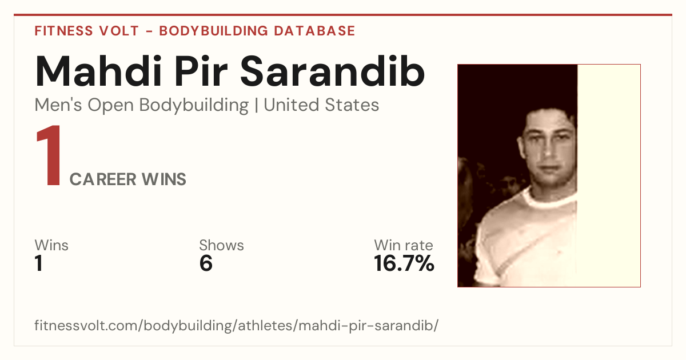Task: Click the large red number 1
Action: pos(49,155)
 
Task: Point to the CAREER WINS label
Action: pos(127,179)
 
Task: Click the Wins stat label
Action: pos(51,245)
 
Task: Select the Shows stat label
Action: pos(221,245)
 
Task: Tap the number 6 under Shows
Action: pos(206,263)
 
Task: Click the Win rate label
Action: pos(404,245)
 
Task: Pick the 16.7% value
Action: pos(404,263)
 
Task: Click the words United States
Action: pos(321,105)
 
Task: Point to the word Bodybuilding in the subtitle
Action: pos(194,106)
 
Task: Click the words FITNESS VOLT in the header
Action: pos(87,31)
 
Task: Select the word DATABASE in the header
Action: pos(314,31)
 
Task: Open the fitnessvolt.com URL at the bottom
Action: pos(237,325)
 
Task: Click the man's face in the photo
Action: pos(548,150)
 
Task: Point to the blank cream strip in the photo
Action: pos(609,176)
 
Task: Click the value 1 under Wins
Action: pos(39,263)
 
